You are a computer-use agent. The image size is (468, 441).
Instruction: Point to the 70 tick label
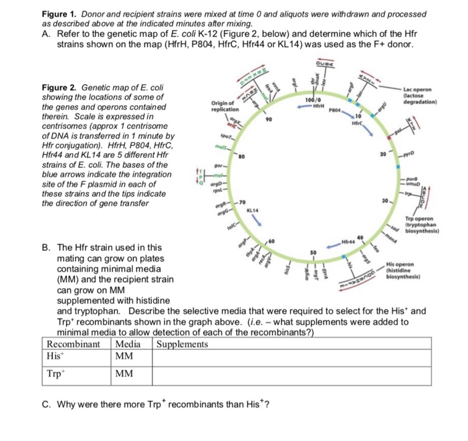[244, 201]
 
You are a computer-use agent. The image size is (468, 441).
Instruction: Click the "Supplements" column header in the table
[183, 344]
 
